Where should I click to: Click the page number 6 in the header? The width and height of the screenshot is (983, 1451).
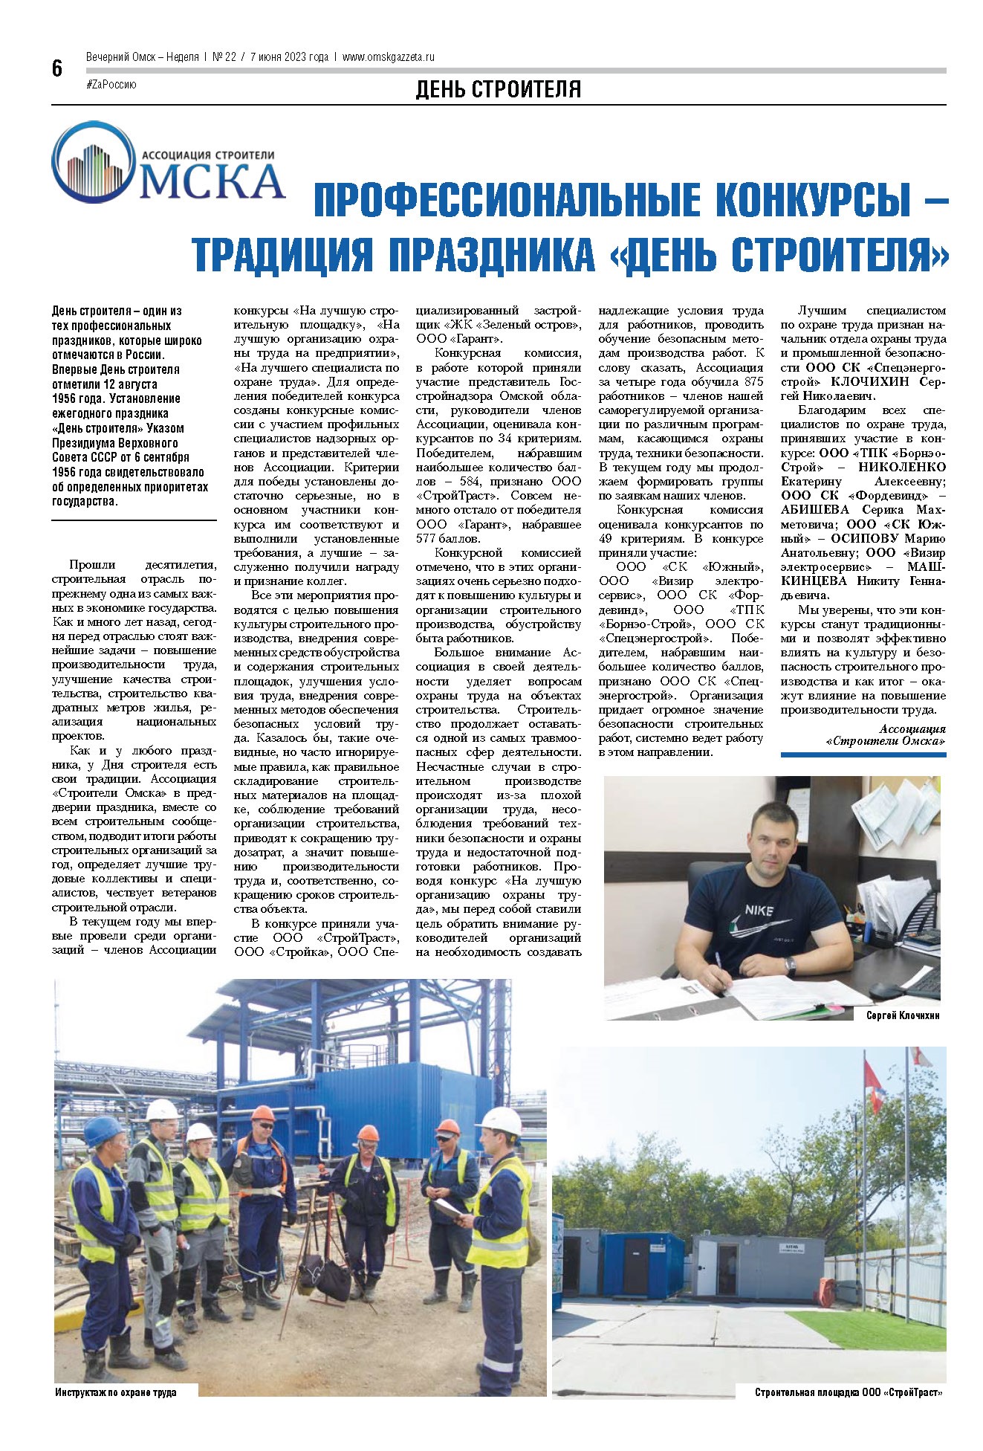click(57, 69)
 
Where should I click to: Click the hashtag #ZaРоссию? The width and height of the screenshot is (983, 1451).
click(111, 85)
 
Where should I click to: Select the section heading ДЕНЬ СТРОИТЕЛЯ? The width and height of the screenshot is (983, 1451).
click(498, 90)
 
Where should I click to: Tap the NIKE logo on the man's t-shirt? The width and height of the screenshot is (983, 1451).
click(756, 911)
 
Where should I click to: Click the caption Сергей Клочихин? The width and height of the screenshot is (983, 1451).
click(902, 1015)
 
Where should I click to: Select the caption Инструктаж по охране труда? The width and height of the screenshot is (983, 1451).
click(116, 1392)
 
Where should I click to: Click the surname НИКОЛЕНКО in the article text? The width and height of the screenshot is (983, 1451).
click(902, 466)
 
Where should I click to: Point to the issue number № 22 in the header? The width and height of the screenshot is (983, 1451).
click(224, 56)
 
